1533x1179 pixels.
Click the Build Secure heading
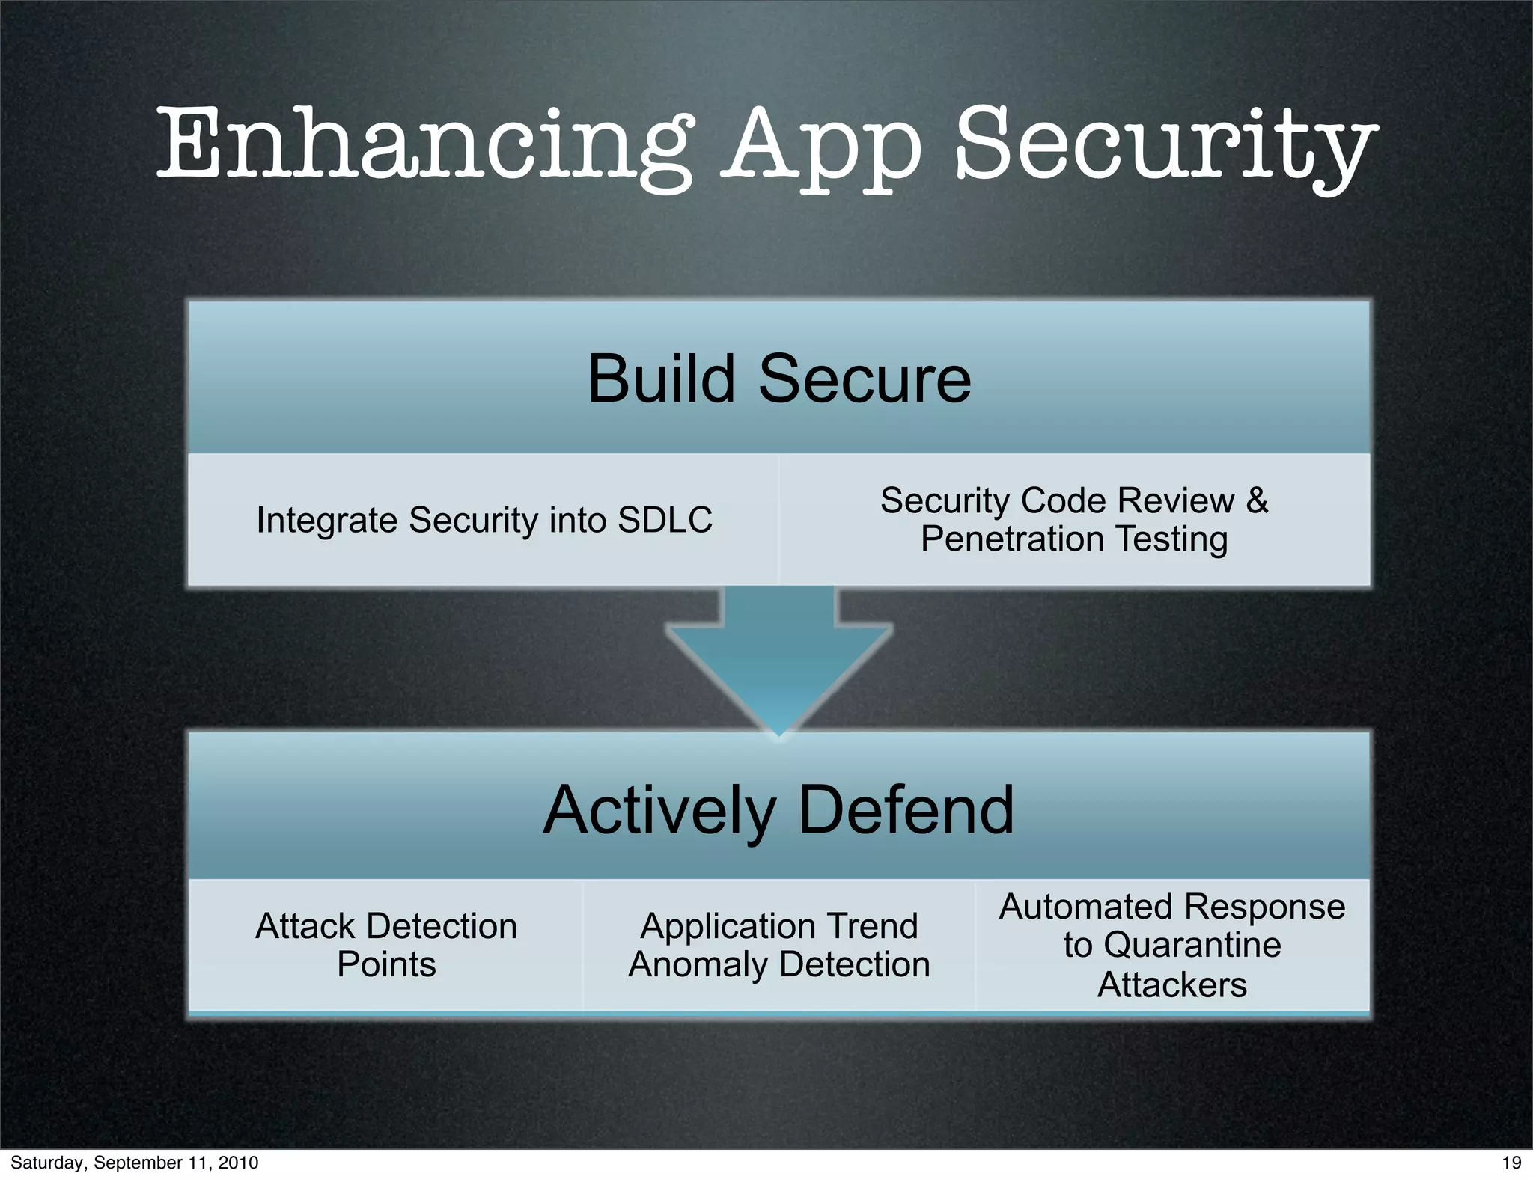pyautogui.click(x=778, y=379)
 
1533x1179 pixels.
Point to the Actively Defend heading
pyautogui.click(x=778, y=810)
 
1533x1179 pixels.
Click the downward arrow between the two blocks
pyautogui.click(x=778, y=658)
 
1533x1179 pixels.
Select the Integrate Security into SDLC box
pyautogui.click(x=484, y=520)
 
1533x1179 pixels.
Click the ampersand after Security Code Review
pyautogui.click(x=1257, y=500)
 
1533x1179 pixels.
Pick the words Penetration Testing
pyautogui.click(x=1074, y=539)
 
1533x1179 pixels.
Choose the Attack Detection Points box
pyautogui.click(x=386, y=945)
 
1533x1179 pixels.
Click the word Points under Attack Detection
pyautogui.click(x=386, y=964)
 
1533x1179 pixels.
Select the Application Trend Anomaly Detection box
pyautogui.click(x=778, y=945)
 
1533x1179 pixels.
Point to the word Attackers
pyautogui.click(x=1172, y=984)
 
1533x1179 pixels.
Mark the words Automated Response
pyautogui.click(x=1172, y=907)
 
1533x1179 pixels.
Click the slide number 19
pyautogui.click(x=1511, y=1163)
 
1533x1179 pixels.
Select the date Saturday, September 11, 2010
pyautogui.click(x=135, y=1163)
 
